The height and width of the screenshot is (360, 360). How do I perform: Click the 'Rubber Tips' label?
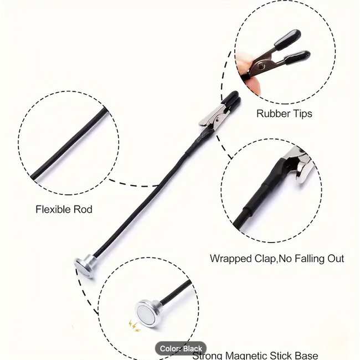[x=284, y=114]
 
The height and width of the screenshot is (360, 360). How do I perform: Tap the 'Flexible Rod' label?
[x=64, y=209]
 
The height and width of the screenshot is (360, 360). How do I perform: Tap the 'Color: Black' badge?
[x=181, y=348]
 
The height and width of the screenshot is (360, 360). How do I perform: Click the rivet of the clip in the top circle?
[x=260, y=67]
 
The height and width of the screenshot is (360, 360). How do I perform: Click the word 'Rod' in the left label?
[x=83, y=209]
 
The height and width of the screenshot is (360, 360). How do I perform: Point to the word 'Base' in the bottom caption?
[x=306, y=355]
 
